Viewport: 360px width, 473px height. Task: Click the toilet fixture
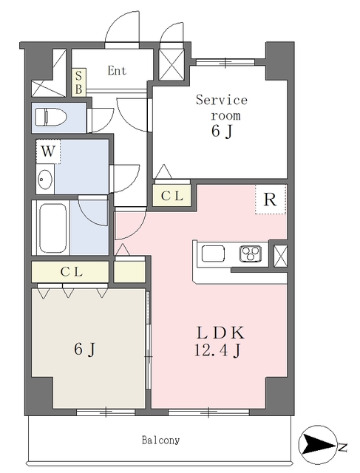click(51, 118)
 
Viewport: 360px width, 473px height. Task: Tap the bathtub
click(52, 228)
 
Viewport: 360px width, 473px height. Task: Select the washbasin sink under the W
click(45, 180)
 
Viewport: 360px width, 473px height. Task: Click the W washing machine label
click(48, 152)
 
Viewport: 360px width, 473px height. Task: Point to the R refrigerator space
click(271, 200)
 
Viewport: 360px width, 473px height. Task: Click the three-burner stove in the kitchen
click(251, 253)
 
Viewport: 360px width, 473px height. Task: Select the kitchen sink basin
click(213, 253)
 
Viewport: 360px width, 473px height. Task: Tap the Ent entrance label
click(117, 71)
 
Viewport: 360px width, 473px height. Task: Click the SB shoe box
click(79, 82)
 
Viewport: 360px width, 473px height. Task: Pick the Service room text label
click(222, 108)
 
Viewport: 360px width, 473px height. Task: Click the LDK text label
click(220, 333)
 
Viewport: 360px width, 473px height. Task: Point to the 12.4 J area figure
click(217, 350)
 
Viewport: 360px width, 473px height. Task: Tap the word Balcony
click(161, 440)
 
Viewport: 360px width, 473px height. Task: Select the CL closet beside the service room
click(172, 196)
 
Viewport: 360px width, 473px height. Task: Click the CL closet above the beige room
click(70, 272)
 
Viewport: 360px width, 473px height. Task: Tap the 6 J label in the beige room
click(85, 350)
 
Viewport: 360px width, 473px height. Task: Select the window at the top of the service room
click(225, 62)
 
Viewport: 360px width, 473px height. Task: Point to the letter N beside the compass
click(342, 446)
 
